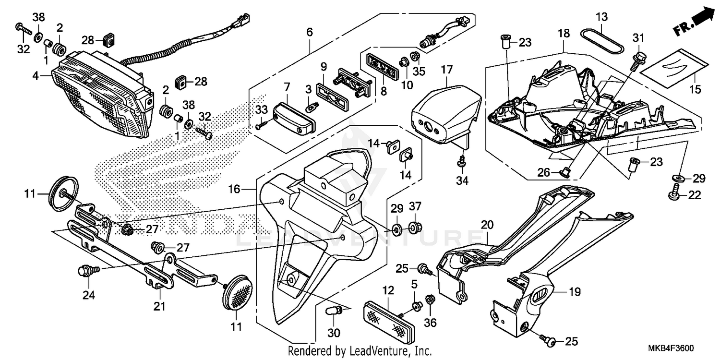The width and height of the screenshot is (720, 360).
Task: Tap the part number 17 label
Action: [446, 70]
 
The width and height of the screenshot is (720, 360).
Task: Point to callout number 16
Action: [234, 190]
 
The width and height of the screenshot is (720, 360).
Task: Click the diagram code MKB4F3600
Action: [674, 348]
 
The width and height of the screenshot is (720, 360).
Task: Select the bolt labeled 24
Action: [85, 272]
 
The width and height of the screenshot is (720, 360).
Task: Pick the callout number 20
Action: [487, 224]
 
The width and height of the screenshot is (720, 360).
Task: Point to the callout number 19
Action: [575, 291]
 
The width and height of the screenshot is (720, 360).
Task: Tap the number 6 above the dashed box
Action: [310, 33]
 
